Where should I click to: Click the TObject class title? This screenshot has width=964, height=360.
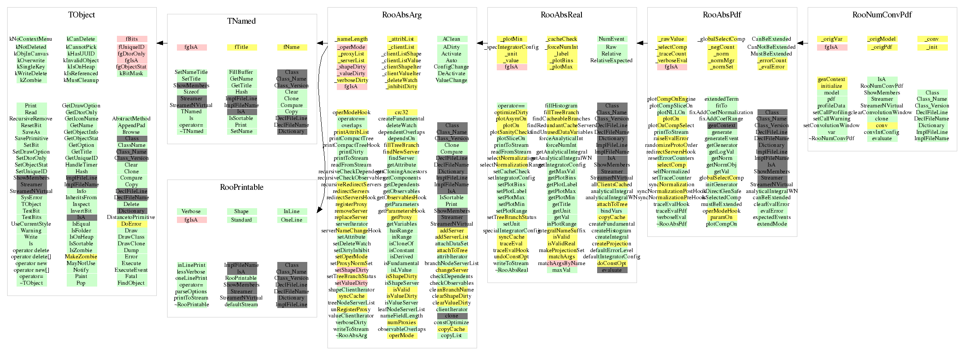point(82,15)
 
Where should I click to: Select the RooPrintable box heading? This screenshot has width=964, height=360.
point(241,187)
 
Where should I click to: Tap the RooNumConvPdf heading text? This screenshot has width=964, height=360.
point(882,15)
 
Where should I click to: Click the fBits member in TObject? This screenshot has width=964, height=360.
point(132,39)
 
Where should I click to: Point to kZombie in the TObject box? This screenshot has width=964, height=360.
point(31,80)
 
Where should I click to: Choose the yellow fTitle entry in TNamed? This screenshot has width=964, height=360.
point(241,47)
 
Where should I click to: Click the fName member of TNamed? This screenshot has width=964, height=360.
point(292,47)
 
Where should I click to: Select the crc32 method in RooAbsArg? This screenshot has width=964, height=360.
point(401,112)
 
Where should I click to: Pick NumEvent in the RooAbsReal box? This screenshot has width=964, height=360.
point(611,39)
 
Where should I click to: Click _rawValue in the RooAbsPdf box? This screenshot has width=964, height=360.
point(671,39)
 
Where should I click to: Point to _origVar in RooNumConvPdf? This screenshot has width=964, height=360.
point(831,39)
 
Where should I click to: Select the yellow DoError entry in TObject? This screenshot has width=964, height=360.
point(131,224)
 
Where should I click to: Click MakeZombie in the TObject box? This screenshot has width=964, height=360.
point(81,257)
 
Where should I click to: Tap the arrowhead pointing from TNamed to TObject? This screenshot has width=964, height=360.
point(159,43)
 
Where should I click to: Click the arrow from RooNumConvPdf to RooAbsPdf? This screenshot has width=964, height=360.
point(802,43)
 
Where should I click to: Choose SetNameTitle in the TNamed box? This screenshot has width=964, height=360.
point(191,72)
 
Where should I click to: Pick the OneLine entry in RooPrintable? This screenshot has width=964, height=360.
point(292,220)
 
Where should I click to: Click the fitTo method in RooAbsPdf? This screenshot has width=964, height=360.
point(721,106)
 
